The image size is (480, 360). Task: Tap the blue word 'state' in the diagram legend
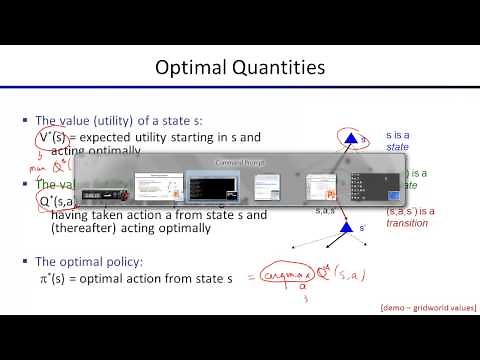click(397, 145)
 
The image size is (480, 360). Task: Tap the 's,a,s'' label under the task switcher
click(326, 211)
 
